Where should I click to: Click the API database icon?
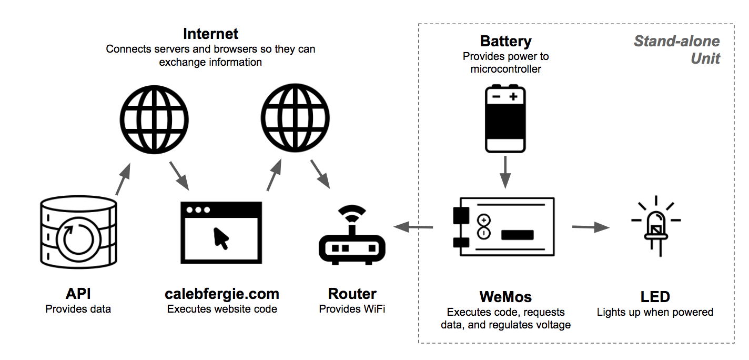[78, 232]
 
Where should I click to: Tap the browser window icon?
[221, 232]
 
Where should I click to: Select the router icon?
[352, 237]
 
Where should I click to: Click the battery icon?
[505, 120]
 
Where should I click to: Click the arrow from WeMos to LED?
[590, 227]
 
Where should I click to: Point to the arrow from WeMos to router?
[413, 227]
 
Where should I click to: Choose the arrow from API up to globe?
[123, 178]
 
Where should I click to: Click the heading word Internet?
[210, 34]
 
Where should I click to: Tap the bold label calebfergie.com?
[222, 294]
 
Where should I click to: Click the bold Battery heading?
[505, 41]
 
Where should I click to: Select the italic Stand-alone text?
[676, 41]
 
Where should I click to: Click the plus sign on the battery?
[513, 97]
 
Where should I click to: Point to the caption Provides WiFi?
[352, 309]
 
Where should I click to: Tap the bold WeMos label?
[505, 297]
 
